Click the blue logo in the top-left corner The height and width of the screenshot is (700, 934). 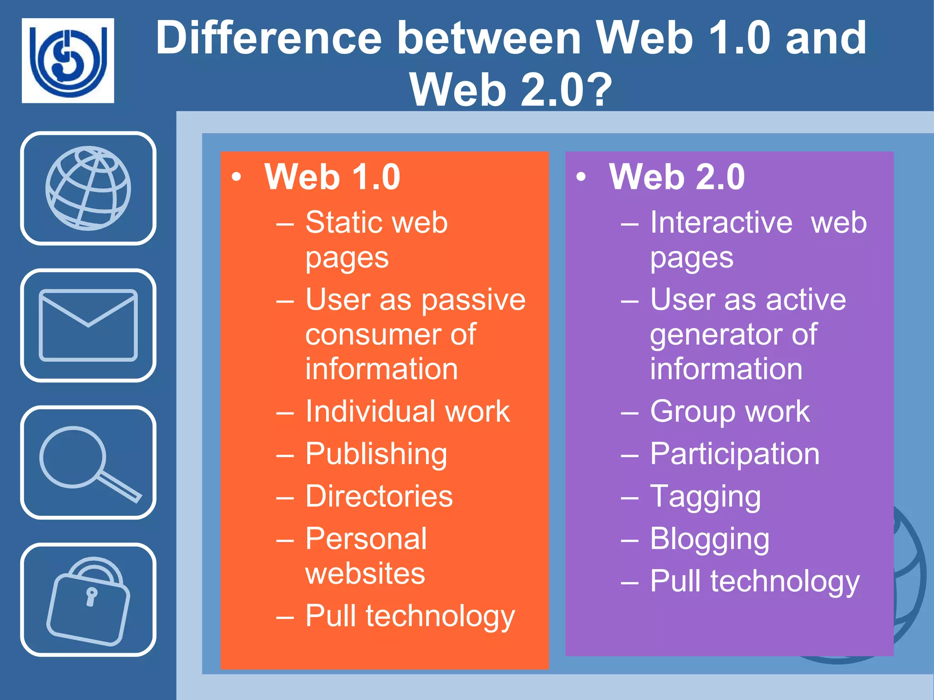tap(68, 60)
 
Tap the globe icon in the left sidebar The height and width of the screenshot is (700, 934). tap(88, 188)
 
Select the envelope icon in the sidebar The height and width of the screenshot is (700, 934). tap(88, 325)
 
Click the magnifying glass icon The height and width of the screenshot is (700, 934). tap(88, 462)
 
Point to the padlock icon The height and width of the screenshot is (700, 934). tap(88, 600)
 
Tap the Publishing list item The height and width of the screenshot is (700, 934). tap(376, 454)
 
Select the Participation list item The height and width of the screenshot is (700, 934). tap(734, 454)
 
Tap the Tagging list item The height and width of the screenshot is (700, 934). tap(705, 497)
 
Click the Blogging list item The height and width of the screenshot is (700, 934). tap(710, 540)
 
